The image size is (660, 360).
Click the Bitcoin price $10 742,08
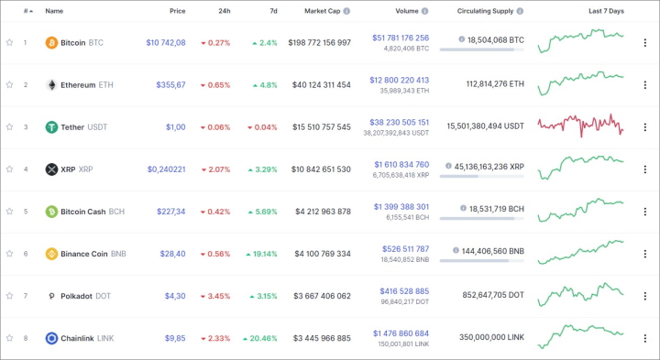[165, 42]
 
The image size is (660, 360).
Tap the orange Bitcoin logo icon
[51, 42]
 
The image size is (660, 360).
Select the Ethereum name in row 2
[78, 84]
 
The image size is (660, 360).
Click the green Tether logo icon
[51, 126]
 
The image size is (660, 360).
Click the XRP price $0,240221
[166, 169]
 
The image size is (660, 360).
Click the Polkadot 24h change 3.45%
[214, 295]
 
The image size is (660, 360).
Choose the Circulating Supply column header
[486, 11]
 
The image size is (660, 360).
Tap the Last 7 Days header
[606, 11]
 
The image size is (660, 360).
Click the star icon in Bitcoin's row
[9, 42]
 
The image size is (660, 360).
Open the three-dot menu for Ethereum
[644, 84]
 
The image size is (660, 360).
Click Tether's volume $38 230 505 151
[399, 121]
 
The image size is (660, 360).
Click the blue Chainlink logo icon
[51, 337]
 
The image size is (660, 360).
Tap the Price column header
[177, 11]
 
